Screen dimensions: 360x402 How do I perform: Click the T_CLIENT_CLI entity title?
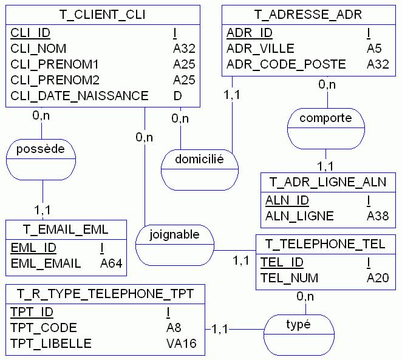[103, 14]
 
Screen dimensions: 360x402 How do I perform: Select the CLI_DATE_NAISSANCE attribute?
[80, 95]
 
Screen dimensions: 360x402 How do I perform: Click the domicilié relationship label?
[200, 160]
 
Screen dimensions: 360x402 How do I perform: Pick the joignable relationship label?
[174, 234]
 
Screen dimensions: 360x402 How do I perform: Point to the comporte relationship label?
[325, 118]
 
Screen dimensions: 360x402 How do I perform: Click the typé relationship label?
[298, 324]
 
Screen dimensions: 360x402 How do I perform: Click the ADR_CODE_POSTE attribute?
[286, 64]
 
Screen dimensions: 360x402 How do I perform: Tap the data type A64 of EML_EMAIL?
[111, 263]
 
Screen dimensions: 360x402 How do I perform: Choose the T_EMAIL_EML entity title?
[66, 229]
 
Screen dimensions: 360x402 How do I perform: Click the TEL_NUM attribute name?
[289, 278]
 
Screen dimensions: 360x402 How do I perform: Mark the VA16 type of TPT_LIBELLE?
[181, 344]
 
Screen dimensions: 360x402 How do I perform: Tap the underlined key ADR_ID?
[250, 32]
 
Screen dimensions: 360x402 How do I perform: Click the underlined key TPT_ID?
[32, 312]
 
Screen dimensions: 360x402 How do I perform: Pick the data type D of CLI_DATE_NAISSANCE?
[177, 95]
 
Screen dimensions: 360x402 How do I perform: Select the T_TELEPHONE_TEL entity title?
[325, 244]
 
